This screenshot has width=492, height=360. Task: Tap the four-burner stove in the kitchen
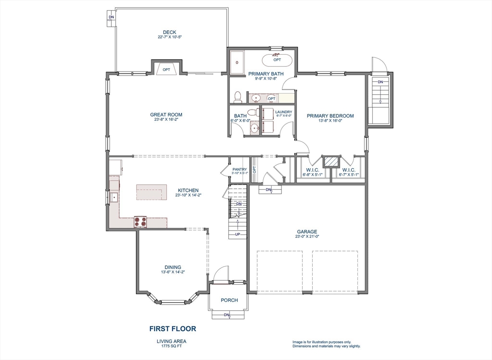pyautogui.click(x=140, y=222)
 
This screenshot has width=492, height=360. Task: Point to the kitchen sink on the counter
pyautogui.click(x=114, y=197)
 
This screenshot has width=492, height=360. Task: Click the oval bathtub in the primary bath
pyautogui.click(x=277, y=60)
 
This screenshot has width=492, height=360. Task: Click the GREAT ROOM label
pyautogui.click(x=166, y=115)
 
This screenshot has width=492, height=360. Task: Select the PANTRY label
pyautogui.click(x=239, y=169)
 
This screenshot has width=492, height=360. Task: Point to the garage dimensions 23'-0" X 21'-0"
pyautogui.click(x=307, y=236)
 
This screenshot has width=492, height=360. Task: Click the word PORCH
pyautogui.click(x=229, y=300)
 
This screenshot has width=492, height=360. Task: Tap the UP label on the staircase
pyautogui.click(x=237, y=235)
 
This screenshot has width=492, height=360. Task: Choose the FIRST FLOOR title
pyautogui.click(x=172, y=329)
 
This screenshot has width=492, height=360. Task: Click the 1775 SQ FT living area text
pyautogui.click(x=172, y=346)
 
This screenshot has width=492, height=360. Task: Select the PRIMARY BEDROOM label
pyautogui.click(x=330, y=116)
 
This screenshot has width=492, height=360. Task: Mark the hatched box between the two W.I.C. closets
pyautogui.click(x=330, y=161)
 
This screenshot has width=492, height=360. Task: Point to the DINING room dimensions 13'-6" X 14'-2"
pyautogui.click(x=173, y=272)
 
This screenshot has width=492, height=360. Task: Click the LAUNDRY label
pyautogui.click(x=283, y=112)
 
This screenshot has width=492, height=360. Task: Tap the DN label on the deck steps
pyautogui.click(x=111, y=17)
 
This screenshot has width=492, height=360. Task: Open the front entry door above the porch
pyautogui.click(x=221, y=275)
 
